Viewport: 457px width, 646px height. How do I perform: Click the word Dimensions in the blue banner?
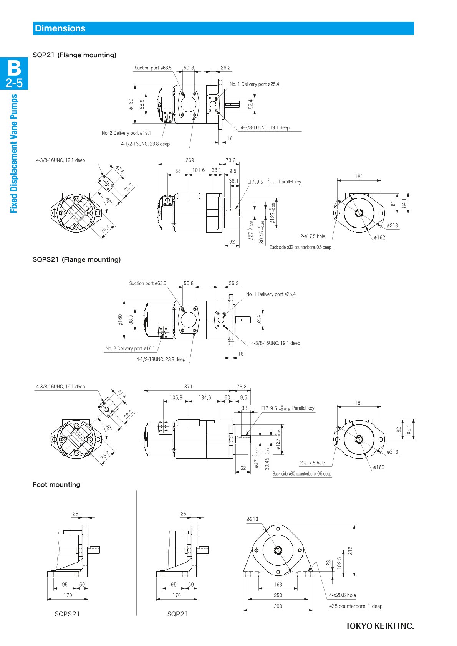[60, 28]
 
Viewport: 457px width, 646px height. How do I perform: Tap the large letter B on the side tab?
[14, 68]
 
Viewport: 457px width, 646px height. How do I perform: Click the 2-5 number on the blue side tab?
[14, 83]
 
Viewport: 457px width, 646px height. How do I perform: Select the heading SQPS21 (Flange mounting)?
[76, 259]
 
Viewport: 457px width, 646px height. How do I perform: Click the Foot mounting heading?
[56, 484]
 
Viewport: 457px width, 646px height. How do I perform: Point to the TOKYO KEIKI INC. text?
[380, 626]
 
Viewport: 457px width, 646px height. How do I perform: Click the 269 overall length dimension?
[190, 160]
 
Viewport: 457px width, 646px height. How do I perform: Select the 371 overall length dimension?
[188, 387]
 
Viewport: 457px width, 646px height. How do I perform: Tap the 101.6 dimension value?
[199, 170]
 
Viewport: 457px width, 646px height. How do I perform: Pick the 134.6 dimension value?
[205, 397]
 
